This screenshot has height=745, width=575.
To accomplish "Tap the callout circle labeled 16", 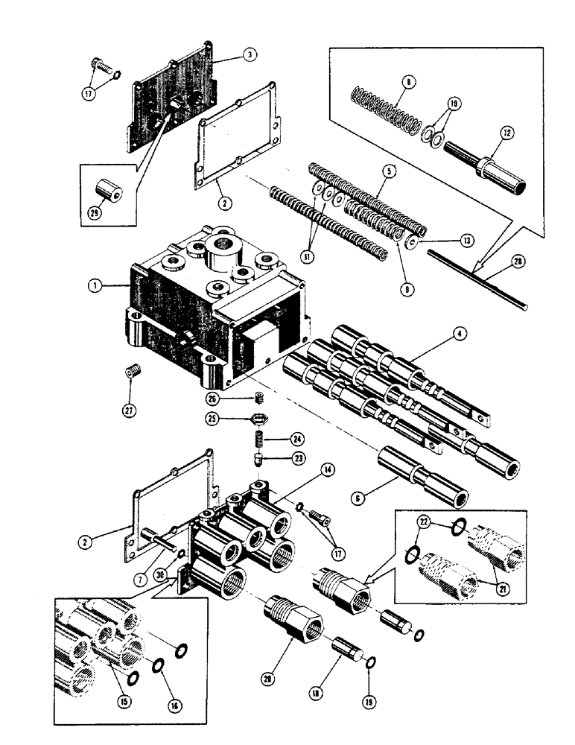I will (x=177, y=703).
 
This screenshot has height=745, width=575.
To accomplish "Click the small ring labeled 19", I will (x=370, y=662).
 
